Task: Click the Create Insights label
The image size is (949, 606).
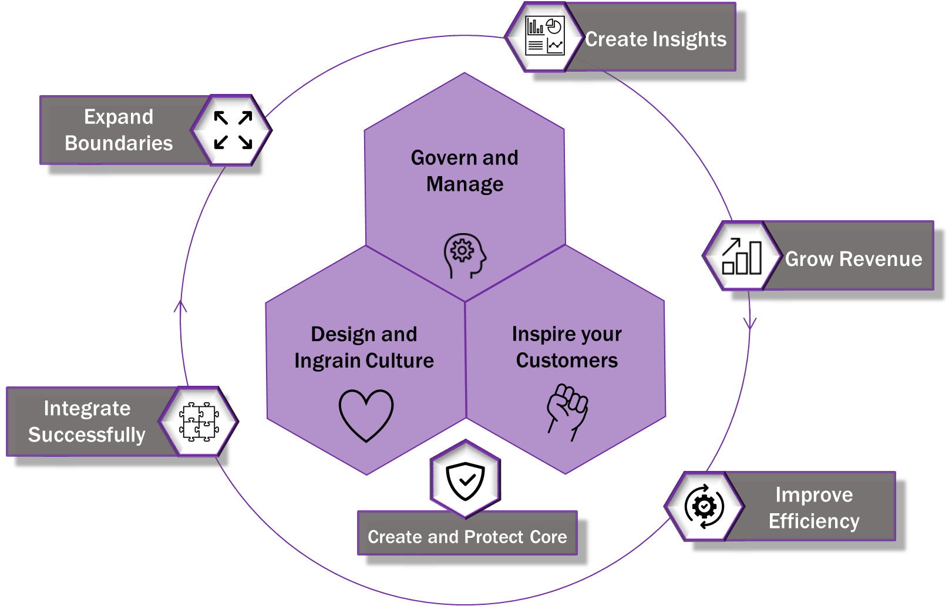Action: click(655, 39)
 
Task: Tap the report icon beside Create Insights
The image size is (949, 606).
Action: click(544, 36)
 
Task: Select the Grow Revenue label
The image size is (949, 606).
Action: click(853, 259)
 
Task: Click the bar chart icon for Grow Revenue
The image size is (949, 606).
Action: click(741, 256)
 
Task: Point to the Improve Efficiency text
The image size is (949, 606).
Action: click(814, 508)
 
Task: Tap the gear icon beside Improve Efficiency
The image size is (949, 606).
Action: click(704, 506)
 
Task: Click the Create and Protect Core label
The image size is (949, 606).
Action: click(467, 537)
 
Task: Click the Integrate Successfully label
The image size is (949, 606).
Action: click(87, 421)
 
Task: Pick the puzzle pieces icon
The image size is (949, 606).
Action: click(198, 422)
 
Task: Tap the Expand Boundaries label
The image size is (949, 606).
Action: click(119, 130)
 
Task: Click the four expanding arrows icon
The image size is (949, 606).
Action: click(233, 130)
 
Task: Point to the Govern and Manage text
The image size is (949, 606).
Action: click(465, 170)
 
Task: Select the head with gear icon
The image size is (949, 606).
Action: click(465, 255)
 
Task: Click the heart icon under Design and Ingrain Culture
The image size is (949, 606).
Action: click(366, 415)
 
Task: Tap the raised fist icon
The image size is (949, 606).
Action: click(567, 411)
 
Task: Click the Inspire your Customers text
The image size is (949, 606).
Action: click(567, 347)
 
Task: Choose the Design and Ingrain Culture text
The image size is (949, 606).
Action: click(364, 347)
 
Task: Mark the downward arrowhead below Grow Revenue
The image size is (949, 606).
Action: click(750, 323)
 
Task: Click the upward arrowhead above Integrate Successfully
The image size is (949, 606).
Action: click(181, 305)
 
